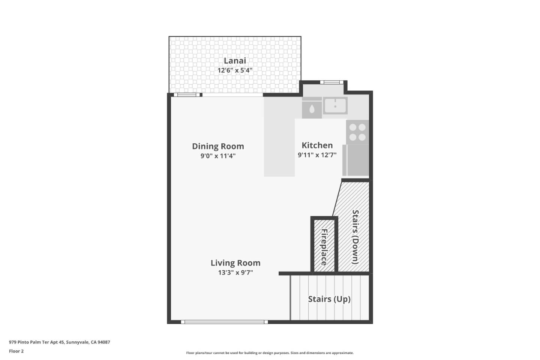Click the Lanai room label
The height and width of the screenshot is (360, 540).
[235, 61]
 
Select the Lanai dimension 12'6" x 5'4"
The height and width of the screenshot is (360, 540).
[235, 70]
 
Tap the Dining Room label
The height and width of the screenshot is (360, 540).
[218, 146]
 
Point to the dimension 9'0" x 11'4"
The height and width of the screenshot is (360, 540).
[218, 156]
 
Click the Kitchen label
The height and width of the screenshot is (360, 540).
[317, 145]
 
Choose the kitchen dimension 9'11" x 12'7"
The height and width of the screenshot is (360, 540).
[317, 155]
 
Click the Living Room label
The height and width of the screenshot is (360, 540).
[235, 263]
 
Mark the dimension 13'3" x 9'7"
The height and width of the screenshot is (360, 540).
[235, 273]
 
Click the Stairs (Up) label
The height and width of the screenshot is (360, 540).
[329, 299]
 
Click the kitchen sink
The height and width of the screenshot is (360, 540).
[335, 106]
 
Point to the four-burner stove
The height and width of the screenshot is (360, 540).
[357, 132]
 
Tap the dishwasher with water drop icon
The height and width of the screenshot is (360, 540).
[312, 109]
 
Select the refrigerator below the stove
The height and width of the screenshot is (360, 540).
[356, 160]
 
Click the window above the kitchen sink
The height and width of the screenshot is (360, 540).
[331, 82]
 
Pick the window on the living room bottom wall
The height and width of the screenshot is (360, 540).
[224, 322]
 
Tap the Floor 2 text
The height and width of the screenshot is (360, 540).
[16, 351]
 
